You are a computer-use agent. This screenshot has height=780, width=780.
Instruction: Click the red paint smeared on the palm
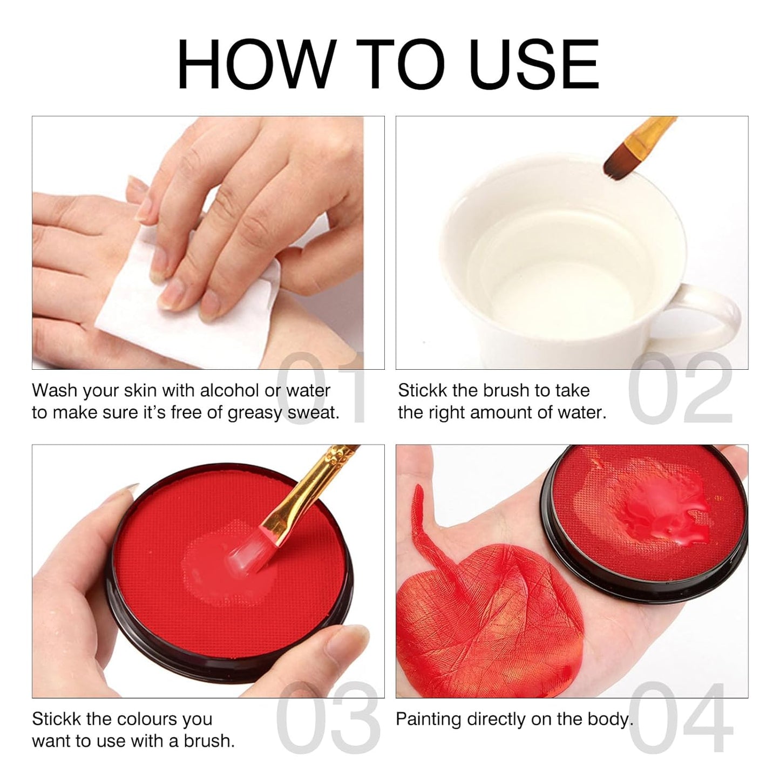coord(464,621)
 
